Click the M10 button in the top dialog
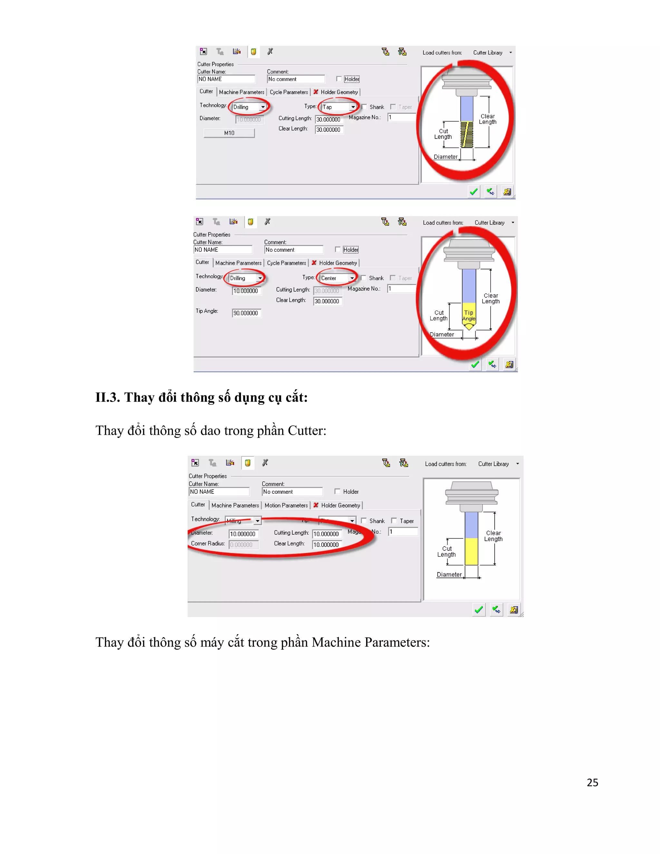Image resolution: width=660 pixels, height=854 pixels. click(x=229, y=133)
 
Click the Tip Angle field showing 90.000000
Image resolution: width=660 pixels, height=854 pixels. click(x=246, y=313)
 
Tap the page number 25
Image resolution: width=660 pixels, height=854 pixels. click(x=592, y=782)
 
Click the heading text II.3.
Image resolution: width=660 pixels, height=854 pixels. click(x=108, y=397)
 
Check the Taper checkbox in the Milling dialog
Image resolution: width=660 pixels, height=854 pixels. click(x=394, y=521)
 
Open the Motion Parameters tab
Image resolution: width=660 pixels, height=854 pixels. click(x=286, y=506)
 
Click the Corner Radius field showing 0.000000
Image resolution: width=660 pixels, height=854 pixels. click(x=244, y=545)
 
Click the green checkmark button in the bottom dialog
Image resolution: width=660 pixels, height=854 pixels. click(x=479, y=610)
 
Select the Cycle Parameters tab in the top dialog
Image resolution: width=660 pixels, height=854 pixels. click(x=288, y=92)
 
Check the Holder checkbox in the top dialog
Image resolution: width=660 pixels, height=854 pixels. click(x=339, y=79)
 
